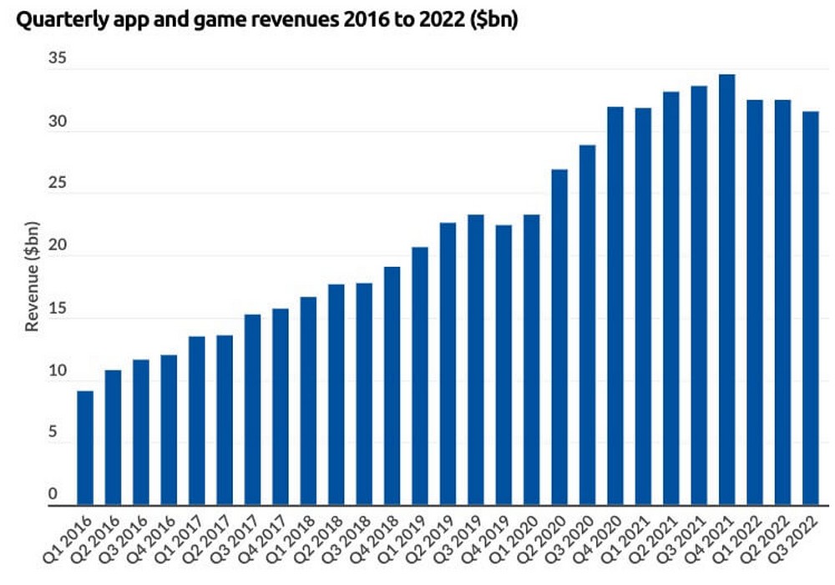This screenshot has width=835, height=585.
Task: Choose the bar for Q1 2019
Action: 420,376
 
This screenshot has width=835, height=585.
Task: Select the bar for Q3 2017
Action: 252,409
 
